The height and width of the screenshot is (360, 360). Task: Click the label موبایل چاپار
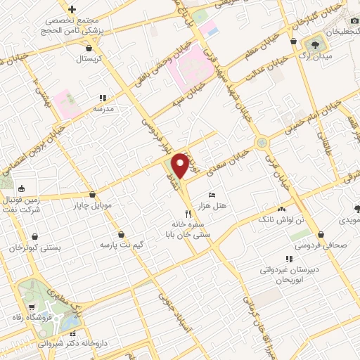pyautogui.click(x=93, y=206)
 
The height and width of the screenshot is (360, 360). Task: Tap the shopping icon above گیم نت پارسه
pyautogui.click(x=122, y=233)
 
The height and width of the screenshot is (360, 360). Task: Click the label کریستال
pyautogui.click(x=90, y=59)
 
